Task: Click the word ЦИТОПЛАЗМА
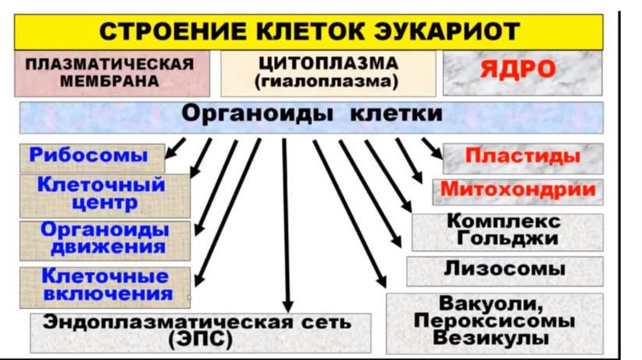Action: tap(327, 64)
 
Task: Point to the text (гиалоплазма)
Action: tap(327, 82)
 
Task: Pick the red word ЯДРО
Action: tap(518, 70)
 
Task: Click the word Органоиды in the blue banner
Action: tap(257, 115)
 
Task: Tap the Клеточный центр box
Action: tap(102, 194)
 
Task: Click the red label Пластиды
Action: tap(522, 156)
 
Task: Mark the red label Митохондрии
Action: tap(518, 190)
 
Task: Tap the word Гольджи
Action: tap(508, 239)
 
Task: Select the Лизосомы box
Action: tap(505, 270)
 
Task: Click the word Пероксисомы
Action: tap(495, 321)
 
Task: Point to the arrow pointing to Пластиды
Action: tap(431, 148)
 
